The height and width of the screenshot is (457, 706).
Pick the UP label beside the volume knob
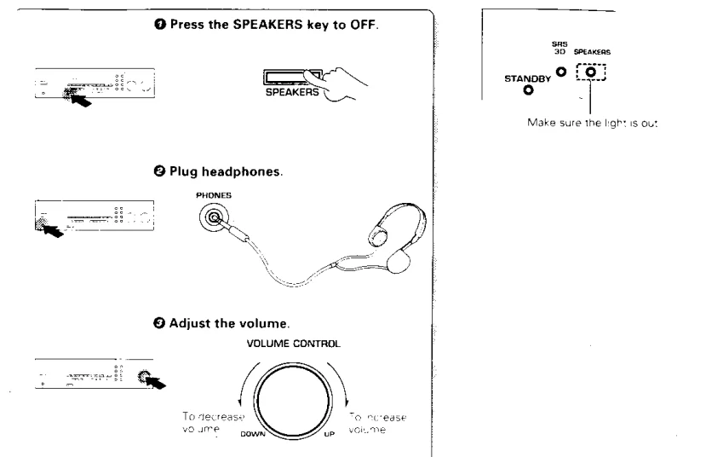pyautogui.click(x=332, y=432)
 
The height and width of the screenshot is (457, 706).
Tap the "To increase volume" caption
pyautogui.click(x=375, y=400)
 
